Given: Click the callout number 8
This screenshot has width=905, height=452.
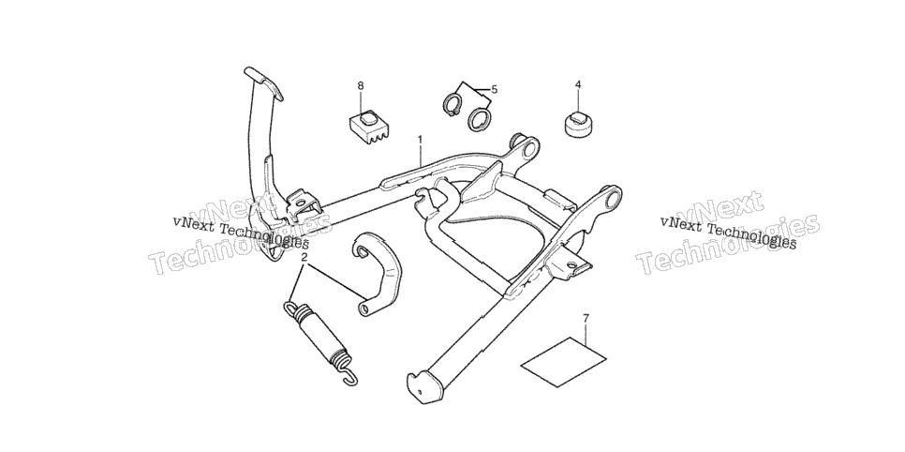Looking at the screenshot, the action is pyautogui.click(x=361, y=86).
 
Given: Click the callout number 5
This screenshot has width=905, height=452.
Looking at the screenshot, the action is pyautogui.click(x=495, y=90).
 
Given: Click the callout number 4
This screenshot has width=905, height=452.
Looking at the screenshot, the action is pyautogui.click(x=578, y=85).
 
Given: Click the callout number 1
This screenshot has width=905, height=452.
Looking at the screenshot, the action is pyautogui.click(x=420, y=140).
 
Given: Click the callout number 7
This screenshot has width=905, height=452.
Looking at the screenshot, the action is pyautogui.click(x=586, y=318).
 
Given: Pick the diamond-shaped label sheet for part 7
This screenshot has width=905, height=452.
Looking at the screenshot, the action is pyautogui.click(x=563, y=362).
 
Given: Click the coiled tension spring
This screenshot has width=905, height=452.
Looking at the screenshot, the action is pyautogui.click(x=321, y=341).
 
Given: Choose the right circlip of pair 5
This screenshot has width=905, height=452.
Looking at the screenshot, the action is pyautogui.click(x=480, y=119).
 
